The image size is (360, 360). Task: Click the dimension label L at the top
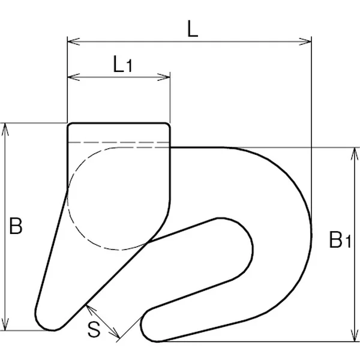(193, 29)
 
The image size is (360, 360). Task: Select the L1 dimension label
(123, 65)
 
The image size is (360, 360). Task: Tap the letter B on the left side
(16, 226)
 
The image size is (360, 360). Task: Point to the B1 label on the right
(340, 239)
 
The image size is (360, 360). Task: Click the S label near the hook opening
(94, 329)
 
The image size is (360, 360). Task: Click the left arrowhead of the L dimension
(73, 41)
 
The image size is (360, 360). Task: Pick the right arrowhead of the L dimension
(305, 41)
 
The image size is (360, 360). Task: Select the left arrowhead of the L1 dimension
(73, 77)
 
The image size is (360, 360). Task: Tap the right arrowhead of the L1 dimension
(164, 77)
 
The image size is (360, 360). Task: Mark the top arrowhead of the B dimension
(5, 129)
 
